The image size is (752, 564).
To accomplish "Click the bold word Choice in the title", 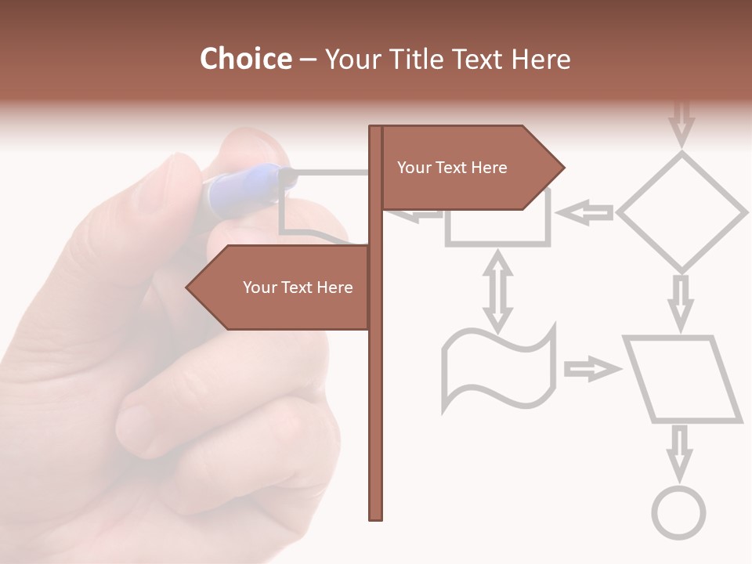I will click(245, 60).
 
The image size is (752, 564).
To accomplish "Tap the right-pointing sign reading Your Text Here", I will click(470, 168).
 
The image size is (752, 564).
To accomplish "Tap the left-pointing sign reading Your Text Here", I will click(282, 287).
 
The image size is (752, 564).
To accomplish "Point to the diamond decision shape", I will click(682, 211).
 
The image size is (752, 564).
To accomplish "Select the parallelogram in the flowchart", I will click(682, 379).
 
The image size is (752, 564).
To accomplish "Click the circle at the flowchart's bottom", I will click(679, 513).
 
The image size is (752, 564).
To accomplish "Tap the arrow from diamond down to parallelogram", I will click(681, 302).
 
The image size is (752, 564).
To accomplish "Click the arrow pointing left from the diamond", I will click(586, 212).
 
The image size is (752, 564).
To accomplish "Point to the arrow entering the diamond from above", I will click(683, 121).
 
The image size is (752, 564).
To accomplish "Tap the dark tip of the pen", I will click(287, 179).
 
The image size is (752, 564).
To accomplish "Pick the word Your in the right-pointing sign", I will click(413, 168).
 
